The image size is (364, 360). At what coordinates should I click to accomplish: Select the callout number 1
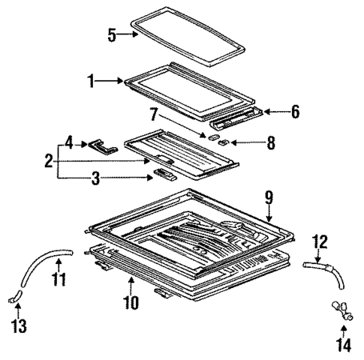[92, 79]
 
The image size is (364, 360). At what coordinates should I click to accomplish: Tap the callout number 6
[295, 112]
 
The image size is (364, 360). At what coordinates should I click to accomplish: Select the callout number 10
[131, 303]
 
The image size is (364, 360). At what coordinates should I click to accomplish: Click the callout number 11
[59, 280]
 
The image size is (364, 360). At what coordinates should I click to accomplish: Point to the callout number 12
[319, 242]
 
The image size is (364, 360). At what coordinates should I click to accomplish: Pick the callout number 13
[17, 328]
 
